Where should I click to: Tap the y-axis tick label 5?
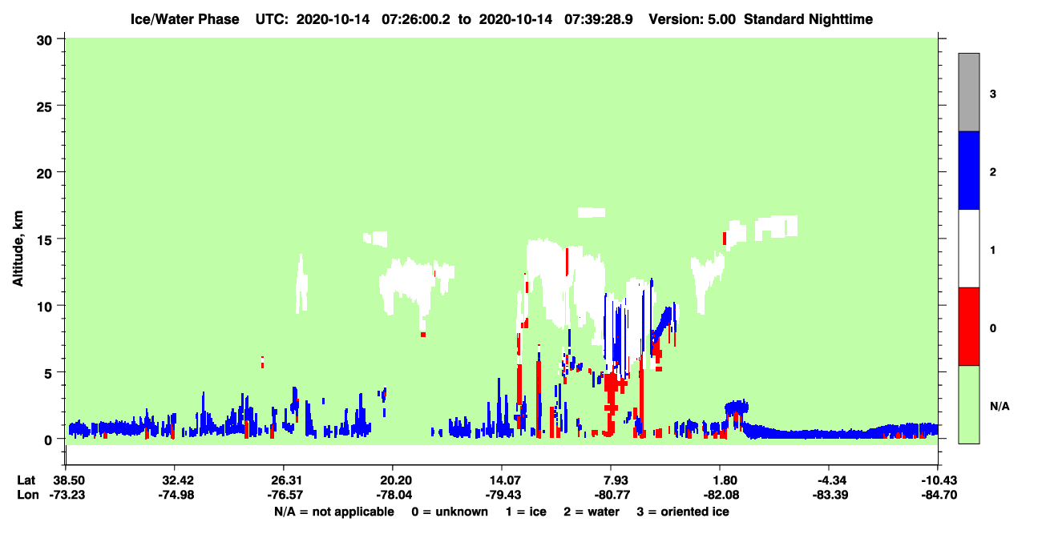tap(48, 374)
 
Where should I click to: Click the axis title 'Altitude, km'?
tap(18, 249)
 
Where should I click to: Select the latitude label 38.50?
tap(67, 480)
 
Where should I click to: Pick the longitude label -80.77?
tap(612, 495)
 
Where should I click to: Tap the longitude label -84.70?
tap(939, 495)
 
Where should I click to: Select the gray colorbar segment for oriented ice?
tap(968, 92)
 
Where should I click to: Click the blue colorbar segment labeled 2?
tap(968, 170)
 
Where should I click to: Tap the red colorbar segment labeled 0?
tap(968, 327)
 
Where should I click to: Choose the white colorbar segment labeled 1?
tap(968, 248)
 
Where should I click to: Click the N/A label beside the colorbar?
tap(1000, 407)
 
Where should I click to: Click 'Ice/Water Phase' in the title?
tap(184, 19)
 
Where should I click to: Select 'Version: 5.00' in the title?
tap(693, 19)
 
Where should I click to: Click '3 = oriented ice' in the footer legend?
tap(683, 512)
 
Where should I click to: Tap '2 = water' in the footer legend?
tap(592, 512)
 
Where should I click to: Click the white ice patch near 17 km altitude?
tap(592, 212)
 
